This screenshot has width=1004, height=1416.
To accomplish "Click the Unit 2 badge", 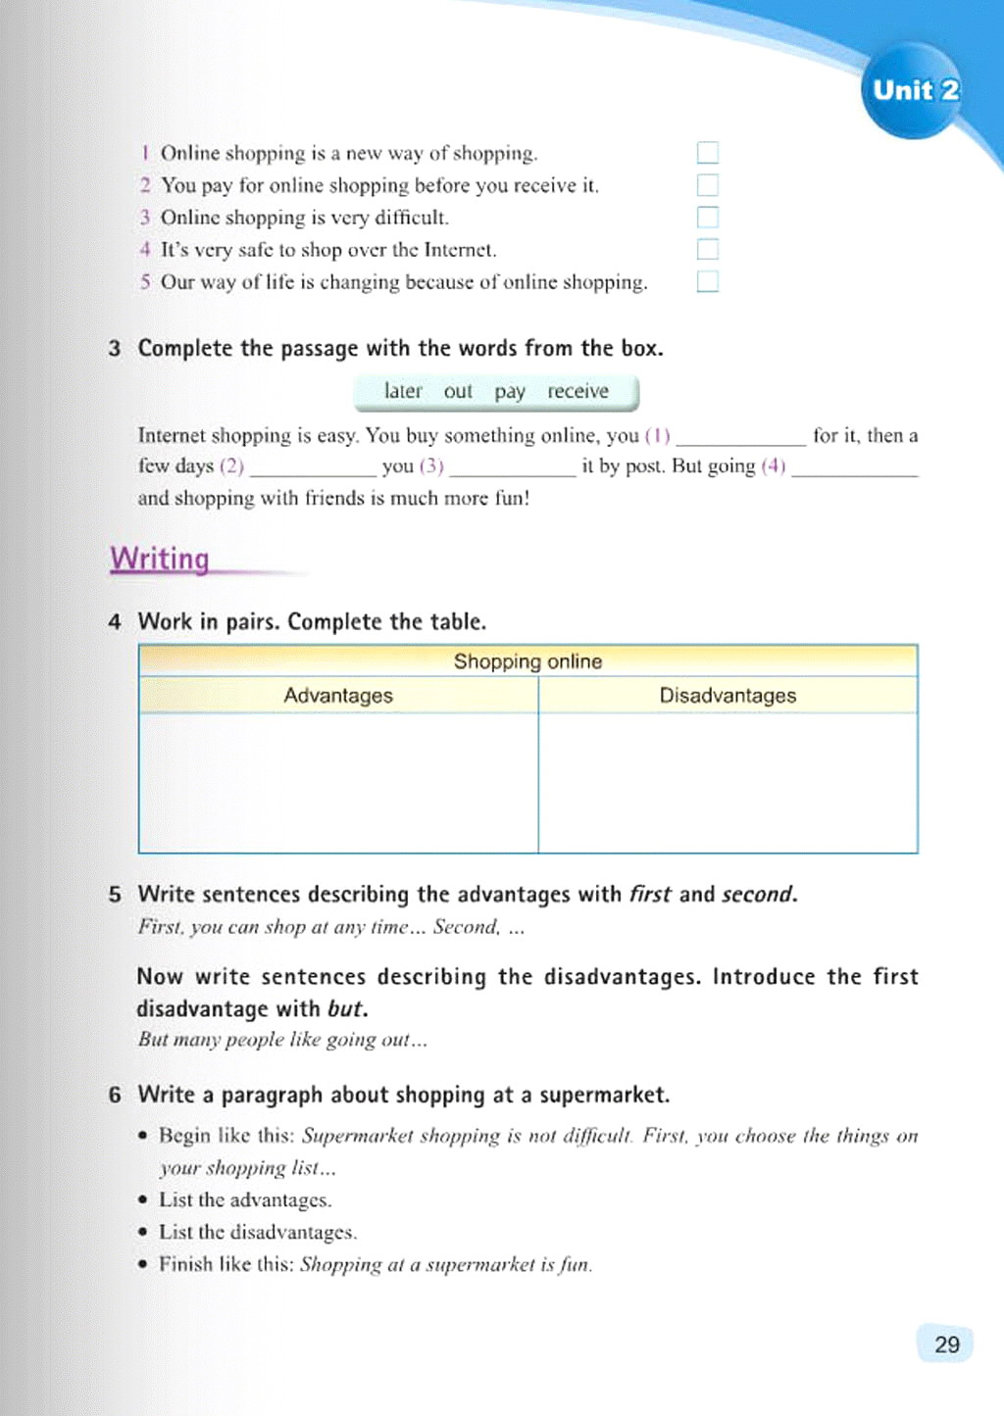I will [914, 91].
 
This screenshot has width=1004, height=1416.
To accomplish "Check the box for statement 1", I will [707, 153].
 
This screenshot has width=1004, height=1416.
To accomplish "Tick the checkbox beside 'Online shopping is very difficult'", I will [707, 218].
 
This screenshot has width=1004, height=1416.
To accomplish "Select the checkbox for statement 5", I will [707, 282].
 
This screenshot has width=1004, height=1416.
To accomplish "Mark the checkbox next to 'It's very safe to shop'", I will [707, 250].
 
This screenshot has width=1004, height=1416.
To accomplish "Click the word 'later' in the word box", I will [402, 391].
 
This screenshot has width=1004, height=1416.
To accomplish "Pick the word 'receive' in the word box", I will [577, 391].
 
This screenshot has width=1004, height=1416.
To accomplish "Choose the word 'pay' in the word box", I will [509, 392].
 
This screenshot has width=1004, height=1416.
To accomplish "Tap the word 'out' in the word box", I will [458, 392].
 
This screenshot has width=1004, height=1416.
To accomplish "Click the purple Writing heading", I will [160, 559].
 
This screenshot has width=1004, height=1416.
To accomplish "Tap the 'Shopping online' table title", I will [527, 661].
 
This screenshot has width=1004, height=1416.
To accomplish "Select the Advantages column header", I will [338, 696].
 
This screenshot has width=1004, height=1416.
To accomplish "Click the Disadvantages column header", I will [728, 696].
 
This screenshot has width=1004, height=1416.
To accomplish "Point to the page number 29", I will [946, 1344].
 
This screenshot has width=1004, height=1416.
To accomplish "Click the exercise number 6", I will [115, 1095].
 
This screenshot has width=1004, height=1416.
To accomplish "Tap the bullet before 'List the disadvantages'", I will [143, 1232].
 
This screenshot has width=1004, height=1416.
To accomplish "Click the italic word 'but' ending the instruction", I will [347, 1008].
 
